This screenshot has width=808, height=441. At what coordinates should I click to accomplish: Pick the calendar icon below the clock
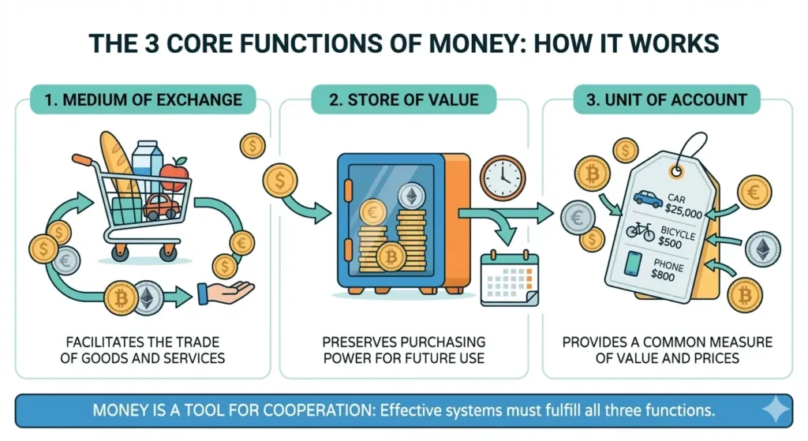509,278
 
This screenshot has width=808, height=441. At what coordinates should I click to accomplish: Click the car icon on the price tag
647,198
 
